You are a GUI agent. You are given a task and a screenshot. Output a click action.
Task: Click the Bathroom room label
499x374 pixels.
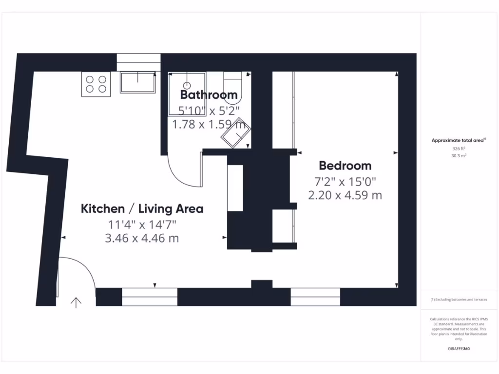point(209,94)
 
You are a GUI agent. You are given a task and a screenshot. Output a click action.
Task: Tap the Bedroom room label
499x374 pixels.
point(345,166)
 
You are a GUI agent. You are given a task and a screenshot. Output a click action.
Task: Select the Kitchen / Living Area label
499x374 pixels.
point(142,209)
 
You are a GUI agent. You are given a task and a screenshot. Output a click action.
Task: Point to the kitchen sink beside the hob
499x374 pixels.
point(138,83)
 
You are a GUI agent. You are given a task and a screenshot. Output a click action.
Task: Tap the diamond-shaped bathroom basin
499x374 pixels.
point(236,132)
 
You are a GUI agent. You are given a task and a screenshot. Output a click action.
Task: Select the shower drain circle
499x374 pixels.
point(186,85)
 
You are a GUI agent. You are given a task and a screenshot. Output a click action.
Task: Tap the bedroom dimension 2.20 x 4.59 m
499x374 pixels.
point(345,196)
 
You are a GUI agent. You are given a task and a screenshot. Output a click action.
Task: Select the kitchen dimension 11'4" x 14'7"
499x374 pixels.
point(142,224)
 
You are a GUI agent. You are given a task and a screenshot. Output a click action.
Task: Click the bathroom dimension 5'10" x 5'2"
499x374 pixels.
point(209,111)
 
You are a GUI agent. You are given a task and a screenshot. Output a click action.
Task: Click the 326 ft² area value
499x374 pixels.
point(459,149)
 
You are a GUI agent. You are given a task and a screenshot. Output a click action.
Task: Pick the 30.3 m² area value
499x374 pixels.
point(459,156)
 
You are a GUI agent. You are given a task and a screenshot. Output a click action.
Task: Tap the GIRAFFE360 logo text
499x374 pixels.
point(459,349)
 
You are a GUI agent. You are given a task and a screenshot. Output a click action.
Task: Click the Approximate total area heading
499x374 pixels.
point(458,140)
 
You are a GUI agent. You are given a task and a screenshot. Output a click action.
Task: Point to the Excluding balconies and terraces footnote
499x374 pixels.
point(459,299)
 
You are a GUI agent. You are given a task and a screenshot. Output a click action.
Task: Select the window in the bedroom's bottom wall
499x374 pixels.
point(315,297)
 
